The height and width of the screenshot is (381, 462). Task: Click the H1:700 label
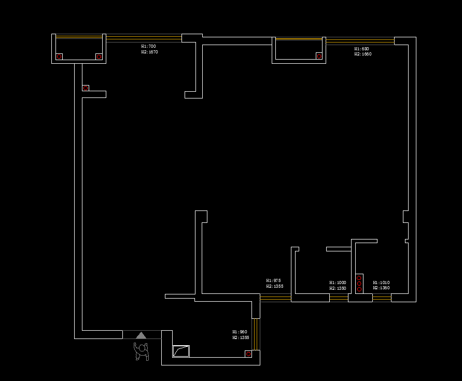pyautogui.click(x=148, y=46)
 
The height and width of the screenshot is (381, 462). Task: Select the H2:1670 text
pyautogui.click(x=149, y=52)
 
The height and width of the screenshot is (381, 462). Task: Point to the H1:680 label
pyautogui.click(x=362, y=49)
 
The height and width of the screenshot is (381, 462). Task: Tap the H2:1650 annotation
pyautogui.click(x=363, y=54)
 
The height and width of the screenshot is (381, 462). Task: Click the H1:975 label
pyautogui.click(x=274, y=280)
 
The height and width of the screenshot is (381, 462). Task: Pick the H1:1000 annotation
pyautogui.click(x=338, y=283)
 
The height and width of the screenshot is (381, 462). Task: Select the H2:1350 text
pyautogui.click(x=338, y=288)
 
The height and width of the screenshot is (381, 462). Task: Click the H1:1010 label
pyautogui.click(x=381, y=283)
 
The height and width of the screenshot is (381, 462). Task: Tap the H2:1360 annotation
pyautogui.click(x=381, y=288)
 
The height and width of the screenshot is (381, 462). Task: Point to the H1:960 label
pyautogui.click(x=240, y=332)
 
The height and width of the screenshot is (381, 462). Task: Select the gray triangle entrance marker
pyautogui.click(x=141, y=335)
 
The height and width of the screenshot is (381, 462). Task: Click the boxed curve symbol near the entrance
pyautogui.click(x=181, y=351)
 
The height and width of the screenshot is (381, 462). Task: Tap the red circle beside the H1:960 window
pyautogui.click(x=248, y=354)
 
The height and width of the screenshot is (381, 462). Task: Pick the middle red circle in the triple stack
pyautogui.click(x=359, y=284)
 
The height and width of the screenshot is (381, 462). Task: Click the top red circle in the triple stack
pyautogui.click(x=359, y=278)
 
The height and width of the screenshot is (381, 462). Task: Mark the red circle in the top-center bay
pyautogui.click(x=319, y=56)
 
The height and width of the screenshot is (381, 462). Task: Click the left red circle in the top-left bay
pyautogui.click(x=59, y=57)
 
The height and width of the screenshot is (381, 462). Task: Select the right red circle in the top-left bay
pyautogui.click(x=99, y=57)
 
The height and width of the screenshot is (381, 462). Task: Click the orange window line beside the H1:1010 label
pyautogui.click(x=382, y=297)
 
